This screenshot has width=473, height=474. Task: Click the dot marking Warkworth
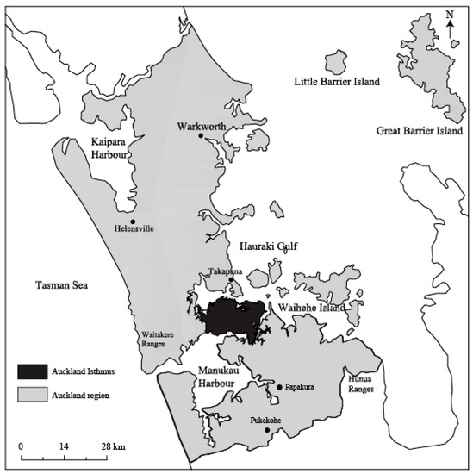point(201,135)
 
